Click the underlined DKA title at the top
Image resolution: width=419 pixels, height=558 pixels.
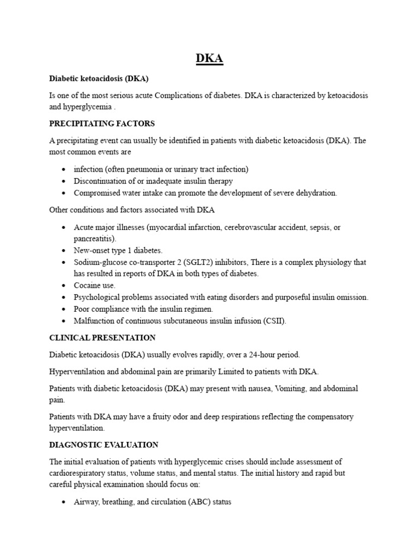pos(209,58)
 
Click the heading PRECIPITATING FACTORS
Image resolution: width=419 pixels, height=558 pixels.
pos(102,123)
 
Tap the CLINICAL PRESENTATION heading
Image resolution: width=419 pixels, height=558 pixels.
pos(103,338)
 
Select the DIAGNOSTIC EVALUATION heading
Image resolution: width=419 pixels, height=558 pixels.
pos(104,445)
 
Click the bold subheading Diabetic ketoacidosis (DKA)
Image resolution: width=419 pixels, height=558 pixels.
pos(99,78)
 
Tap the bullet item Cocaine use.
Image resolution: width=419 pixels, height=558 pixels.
pos(95,286)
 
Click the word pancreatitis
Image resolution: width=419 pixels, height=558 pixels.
pos(94,239)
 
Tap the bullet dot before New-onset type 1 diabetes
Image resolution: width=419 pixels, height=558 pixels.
pos(64,251)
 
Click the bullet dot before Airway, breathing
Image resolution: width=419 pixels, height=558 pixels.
pos(64,502)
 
